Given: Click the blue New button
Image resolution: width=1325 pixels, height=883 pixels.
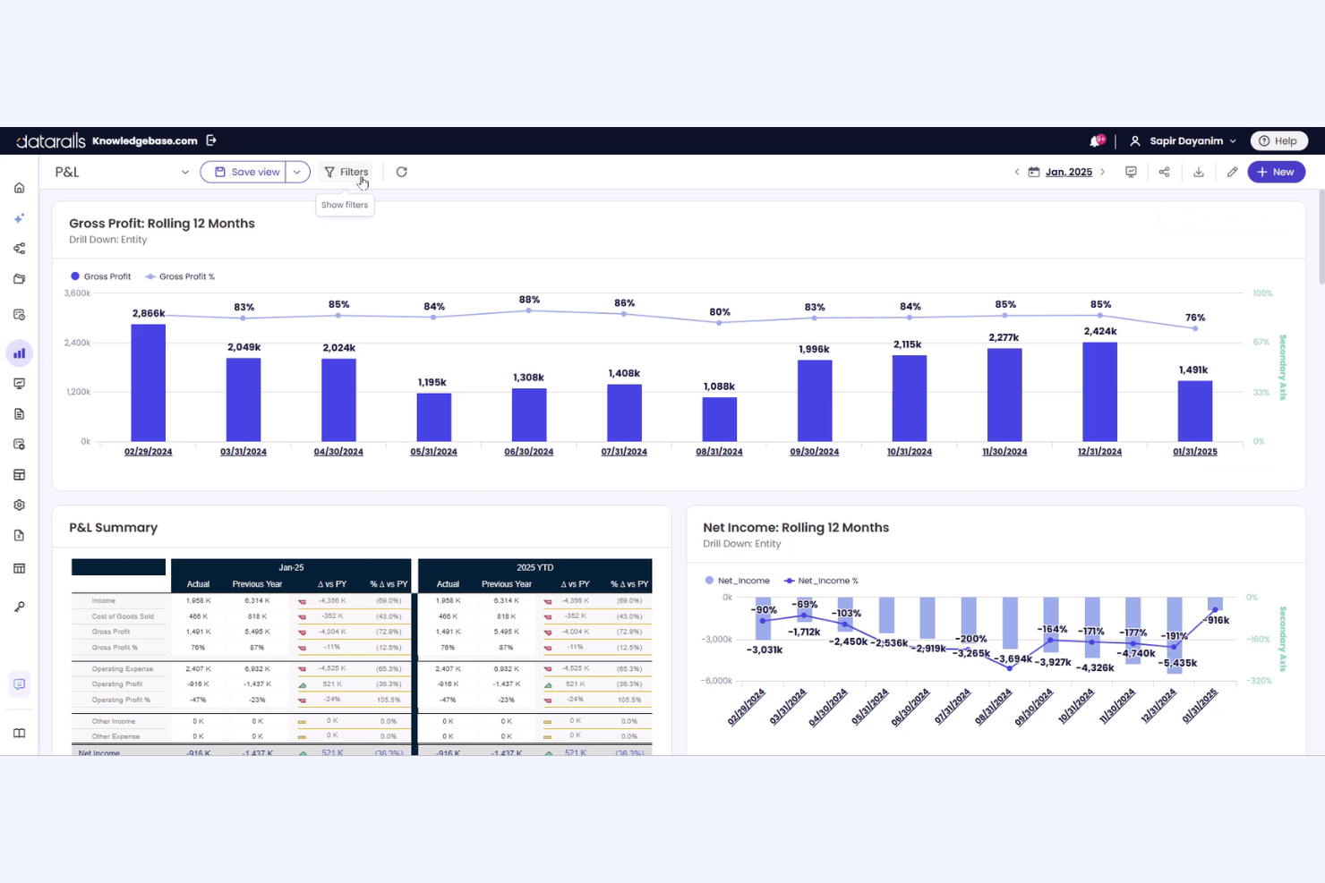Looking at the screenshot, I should click(x=1276, y=172).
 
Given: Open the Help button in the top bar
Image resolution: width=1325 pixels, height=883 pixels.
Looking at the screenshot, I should click(x=1278, y=140).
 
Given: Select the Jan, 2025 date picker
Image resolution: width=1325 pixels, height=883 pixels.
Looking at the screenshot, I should click(x=1068, y=172).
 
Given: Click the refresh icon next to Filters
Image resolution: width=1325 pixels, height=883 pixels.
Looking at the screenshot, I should click(x=401, y=172).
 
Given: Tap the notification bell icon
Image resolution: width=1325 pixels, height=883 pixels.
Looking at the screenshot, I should click(x=1095, y=140).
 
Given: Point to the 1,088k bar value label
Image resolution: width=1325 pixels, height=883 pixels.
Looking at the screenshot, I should click(x=719, y=386).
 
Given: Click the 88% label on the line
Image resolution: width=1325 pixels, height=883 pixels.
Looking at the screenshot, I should click(x=529, y=300).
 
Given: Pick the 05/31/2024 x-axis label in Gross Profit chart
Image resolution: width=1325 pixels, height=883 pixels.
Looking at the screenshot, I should click(x=433, y=452).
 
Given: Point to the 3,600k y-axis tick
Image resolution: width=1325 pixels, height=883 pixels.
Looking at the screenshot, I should click(x=78, y=293).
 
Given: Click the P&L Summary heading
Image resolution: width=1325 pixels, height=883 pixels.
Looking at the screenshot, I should click(x=114, y=528).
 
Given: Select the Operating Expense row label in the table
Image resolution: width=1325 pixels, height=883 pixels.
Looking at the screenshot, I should click(x=122, y=668).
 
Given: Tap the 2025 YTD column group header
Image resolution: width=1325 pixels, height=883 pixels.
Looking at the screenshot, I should click(x=534, y=567).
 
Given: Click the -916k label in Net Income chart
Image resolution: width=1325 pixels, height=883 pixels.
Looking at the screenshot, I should click(x=1217, y=620).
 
